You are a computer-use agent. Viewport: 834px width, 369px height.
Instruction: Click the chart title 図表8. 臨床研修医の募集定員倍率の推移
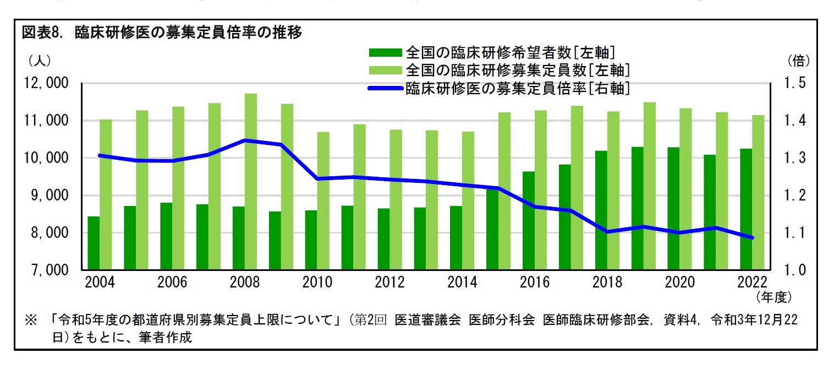[x=162, y=33]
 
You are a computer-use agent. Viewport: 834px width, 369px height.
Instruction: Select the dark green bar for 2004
[x=94, y=243]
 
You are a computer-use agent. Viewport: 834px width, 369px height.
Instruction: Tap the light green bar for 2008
[x=251, y=182]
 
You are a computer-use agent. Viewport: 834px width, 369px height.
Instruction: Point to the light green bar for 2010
[x=323, y=201]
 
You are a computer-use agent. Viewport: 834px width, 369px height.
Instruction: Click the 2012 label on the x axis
[x=389, y=283]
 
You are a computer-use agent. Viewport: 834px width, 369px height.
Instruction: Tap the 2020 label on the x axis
[x=680, y=283]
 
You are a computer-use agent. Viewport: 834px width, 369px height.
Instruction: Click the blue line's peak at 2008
[x=245, y=140]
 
